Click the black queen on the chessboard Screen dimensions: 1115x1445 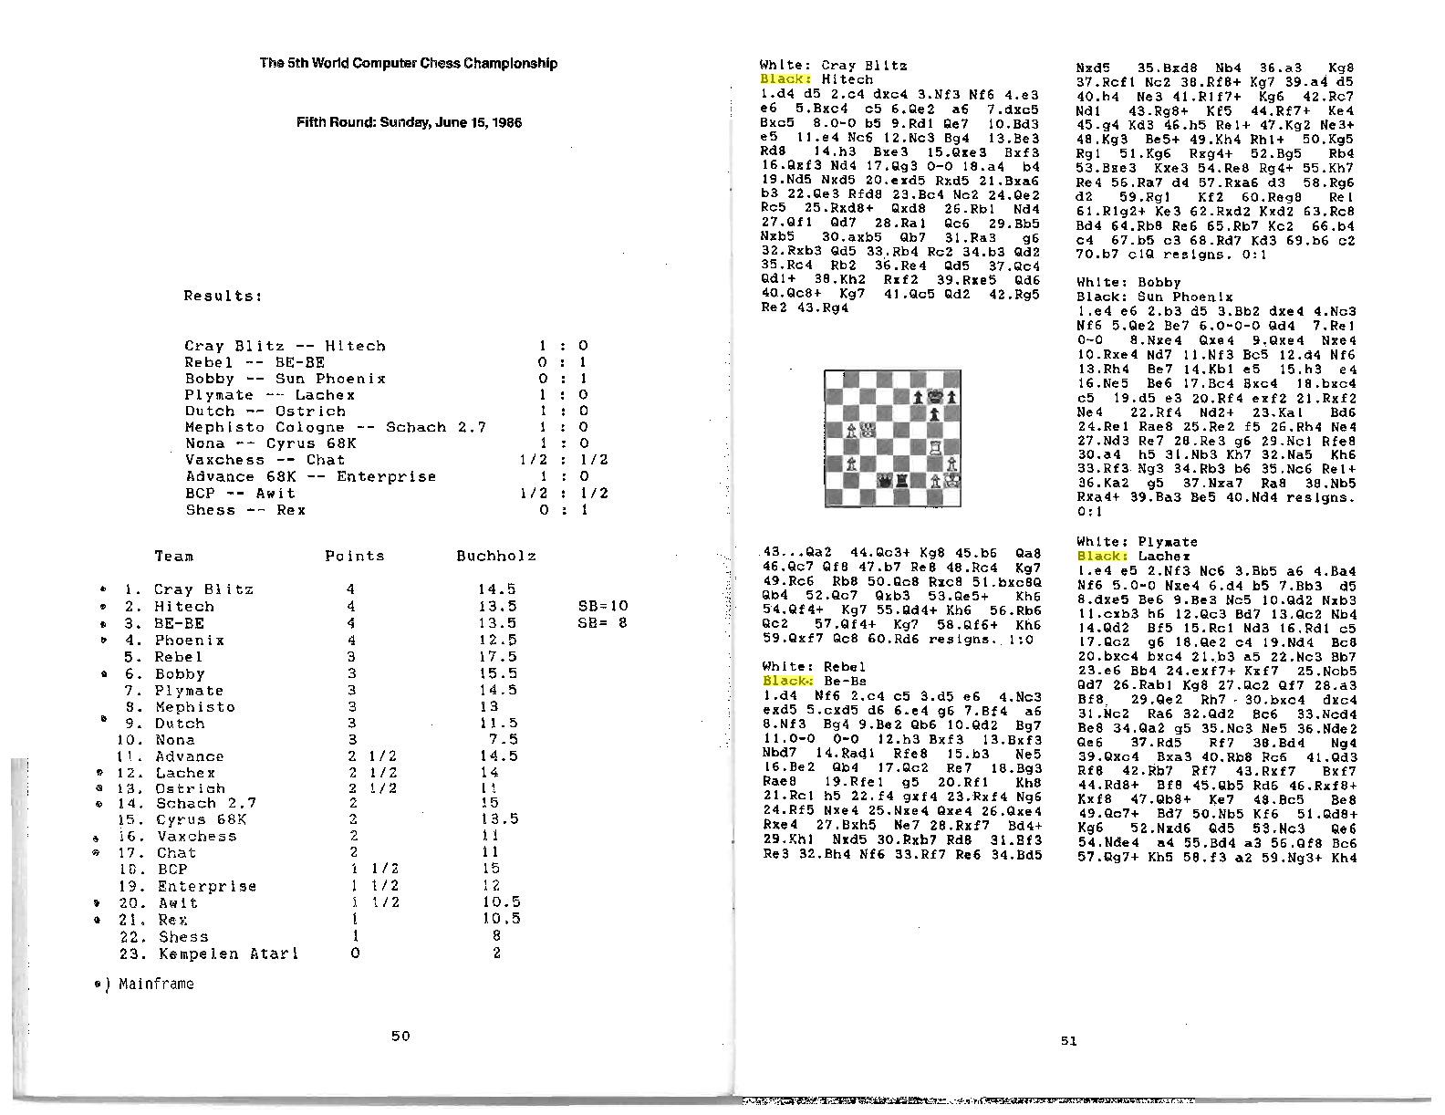[x=884, y=480]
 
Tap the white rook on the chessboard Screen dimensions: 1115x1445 [x=935, y=447]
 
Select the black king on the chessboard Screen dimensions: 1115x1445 [x=935, y=397]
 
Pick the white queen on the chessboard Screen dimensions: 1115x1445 [x=867, y=430]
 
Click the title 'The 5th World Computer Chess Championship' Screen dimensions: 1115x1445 [x=408, y=63]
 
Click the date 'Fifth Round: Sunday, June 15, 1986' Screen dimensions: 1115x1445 [x=409, y=122]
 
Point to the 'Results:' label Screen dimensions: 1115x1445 [x=224, y=296]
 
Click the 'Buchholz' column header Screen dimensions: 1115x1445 [x=496, y=556]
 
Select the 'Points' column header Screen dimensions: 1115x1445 [x=355, y=556]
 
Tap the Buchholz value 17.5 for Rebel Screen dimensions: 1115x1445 [x=498, y=657]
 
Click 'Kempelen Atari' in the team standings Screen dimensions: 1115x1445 [x=228, y=953]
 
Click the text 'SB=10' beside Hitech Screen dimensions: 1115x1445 [x=603, y=606]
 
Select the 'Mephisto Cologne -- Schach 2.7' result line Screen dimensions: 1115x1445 [x=335, y=427]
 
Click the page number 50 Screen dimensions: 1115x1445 [x=400, y=1036]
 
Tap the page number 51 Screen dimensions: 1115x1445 [x=1068, y=1040]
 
